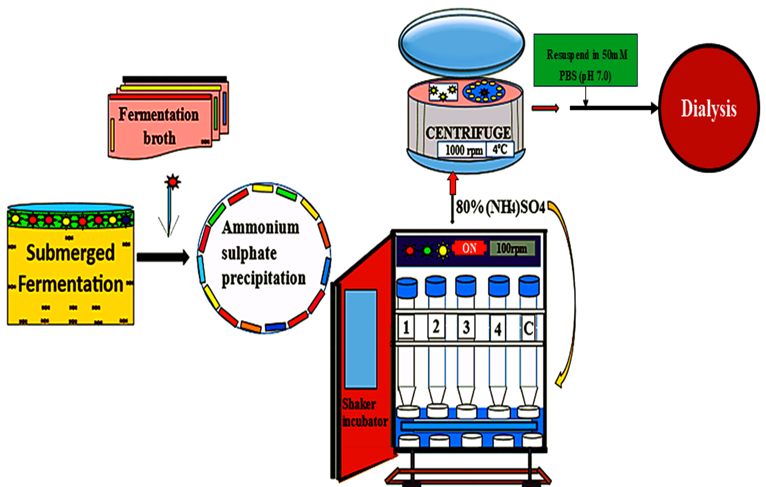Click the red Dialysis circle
click(x=708, y=108)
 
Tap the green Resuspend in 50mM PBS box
click(x=585, y=60)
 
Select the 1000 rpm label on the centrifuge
click(x=463, y=150)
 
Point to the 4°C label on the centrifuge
click(x=500, y=150)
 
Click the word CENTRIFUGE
click(x=468, y=133)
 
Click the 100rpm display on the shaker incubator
click(x=512, y=248)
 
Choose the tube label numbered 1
click(x=406, y=327)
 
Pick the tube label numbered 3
click(x=466, y=327)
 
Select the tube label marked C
click(x=528, y=329)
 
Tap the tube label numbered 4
click(x=498, y=329)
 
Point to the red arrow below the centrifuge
click(x=452, y=183)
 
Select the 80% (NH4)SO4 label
click(x=500, y=207)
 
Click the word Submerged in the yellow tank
click(x=71, y=253)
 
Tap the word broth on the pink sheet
click(x=159, y=138)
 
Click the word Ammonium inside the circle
click(x=260, y=228)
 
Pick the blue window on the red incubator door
click(x=360, y=339)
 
